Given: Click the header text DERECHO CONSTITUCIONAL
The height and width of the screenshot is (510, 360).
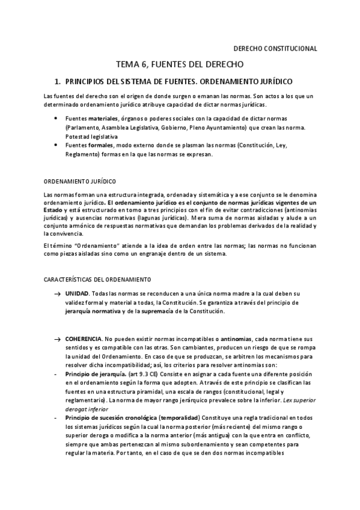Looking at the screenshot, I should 274,49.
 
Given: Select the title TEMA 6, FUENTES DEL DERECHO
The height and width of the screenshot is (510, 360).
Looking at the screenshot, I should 179,64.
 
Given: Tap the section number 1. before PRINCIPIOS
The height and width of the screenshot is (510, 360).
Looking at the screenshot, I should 58,80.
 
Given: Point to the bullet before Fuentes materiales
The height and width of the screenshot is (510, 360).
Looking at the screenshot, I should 56,118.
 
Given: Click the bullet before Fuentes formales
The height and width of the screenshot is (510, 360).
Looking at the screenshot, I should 56,146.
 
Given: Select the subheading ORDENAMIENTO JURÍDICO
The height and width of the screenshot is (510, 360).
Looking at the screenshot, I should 81,181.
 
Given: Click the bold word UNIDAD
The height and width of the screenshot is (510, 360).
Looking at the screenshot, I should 78,292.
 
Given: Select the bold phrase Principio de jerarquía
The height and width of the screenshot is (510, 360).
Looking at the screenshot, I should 95,373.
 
